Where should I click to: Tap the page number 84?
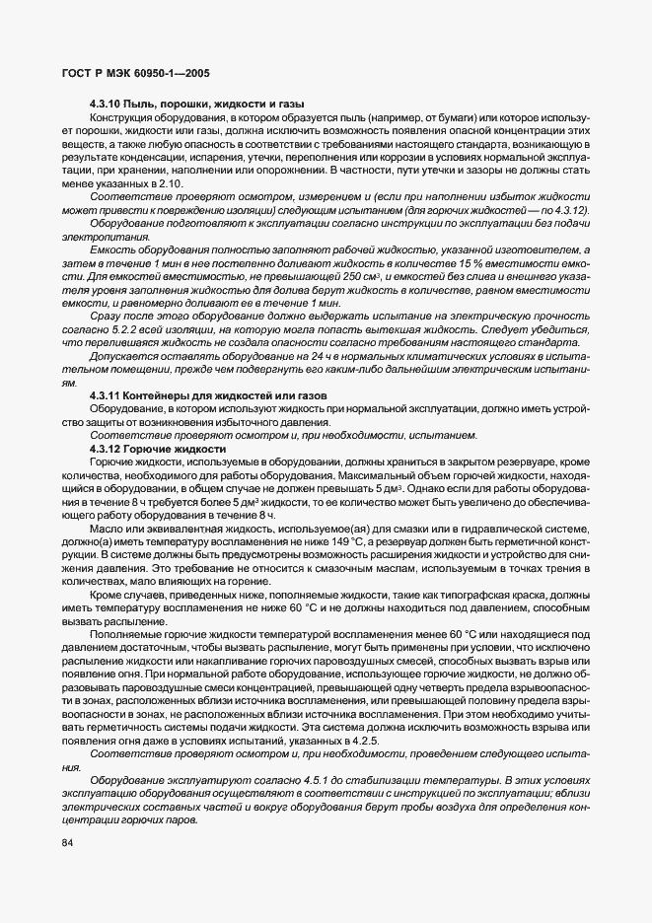[x=69, y=841]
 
